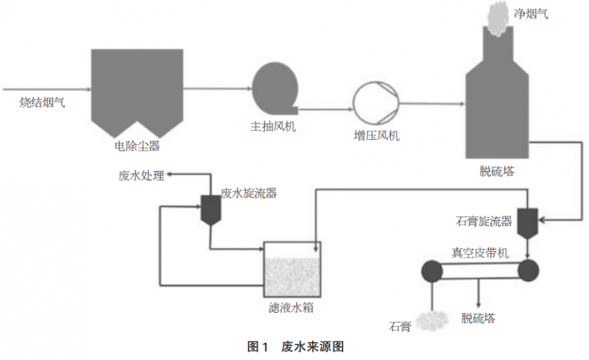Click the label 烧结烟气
click(x=42, y=103)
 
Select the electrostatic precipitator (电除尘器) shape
click(x=136, y=88)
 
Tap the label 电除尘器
click(x=137, y=146)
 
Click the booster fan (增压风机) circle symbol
click(x=375, y=103)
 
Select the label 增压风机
click(x=376, y=137)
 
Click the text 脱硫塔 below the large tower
click(x=497, y=172)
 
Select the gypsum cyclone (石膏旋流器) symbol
click(x=527, y=223)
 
